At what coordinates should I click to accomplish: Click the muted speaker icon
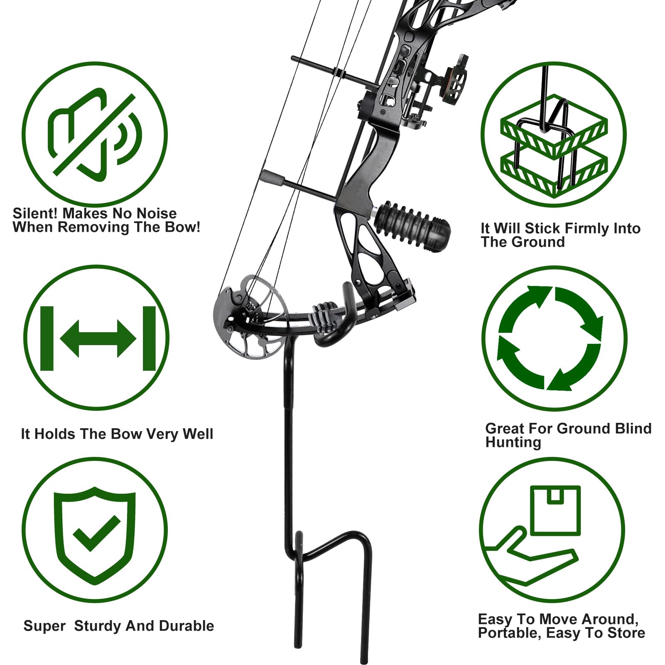coord(95,134)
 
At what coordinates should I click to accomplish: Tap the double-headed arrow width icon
coord(98,339)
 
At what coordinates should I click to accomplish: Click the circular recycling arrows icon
coord(550,339)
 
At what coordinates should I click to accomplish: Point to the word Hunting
coord(513,442)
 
